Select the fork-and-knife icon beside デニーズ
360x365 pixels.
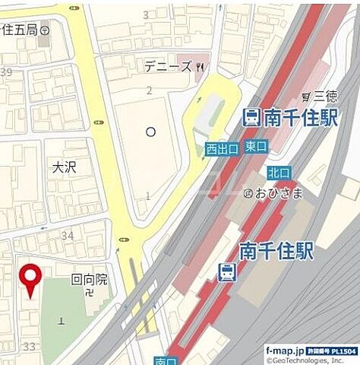(x=200, y=67)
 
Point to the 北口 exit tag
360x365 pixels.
(x=278, y=173)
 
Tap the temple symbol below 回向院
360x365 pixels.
(x=90, y=293)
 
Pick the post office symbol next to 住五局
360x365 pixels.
(x=45, y=30)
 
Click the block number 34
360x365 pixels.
(x=68, y=236)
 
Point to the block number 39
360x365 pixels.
(x=7, y=72)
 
